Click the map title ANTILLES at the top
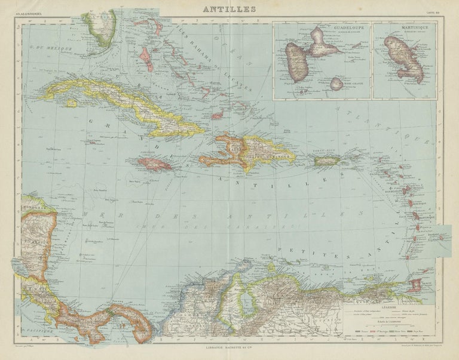click(x=229, y=9)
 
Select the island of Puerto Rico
click(x=327, y=161)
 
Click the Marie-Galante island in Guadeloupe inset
click(x=337, y=84)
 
